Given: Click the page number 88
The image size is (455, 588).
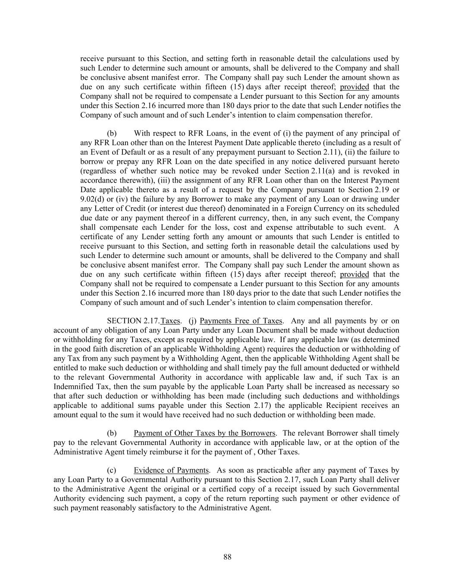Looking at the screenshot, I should point(227,557).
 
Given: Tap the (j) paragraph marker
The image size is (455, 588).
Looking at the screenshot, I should point(192,321).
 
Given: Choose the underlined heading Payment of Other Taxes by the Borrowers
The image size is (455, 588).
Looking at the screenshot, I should point(204,433).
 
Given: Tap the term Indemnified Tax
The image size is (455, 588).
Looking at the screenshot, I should point(78,387).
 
